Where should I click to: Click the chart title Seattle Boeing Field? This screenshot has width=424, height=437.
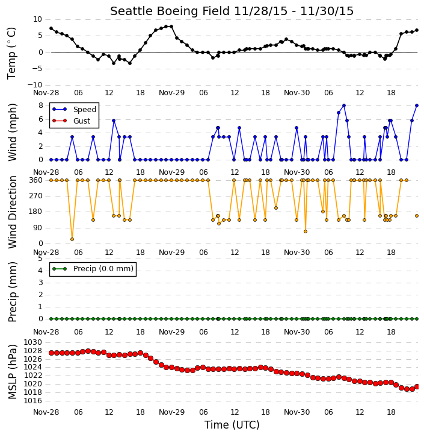click(x=170, y=11)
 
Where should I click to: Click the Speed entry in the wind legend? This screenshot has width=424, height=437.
click(x=85, y=110)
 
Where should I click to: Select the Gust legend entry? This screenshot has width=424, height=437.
click(x=82, y=121)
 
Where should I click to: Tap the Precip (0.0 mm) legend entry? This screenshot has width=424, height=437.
click(x=103, y=269)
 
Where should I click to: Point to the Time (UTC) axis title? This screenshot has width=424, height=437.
click(x=232, y=425)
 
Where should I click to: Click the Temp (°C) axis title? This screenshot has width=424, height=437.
click(x=11, y=53)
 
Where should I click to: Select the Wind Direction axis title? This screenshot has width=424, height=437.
click(x=12, y=212)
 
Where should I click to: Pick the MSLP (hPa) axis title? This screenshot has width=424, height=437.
click(x=12, y=372)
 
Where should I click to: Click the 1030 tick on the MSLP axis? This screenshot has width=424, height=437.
click(x=32, y=342)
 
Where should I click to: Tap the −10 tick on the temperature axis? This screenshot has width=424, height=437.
click(x=35, y=85)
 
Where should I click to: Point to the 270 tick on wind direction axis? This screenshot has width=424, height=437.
click(x=35, y=196)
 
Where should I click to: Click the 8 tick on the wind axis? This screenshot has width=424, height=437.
click(x=41, y=105)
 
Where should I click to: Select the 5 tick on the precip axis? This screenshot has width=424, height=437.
click(x=40, y=259)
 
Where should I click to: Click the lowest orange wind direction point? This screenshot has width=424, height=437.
click(x=72, y=239)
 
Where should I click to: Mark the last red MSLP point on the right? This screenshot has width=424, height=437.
click(x=417, y=386)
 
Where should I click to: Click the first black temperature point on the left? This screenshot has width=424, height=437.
click(x=51, y=28)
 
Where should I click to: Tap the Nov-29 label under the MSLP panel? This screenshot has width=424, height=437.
click(x=171, y=412)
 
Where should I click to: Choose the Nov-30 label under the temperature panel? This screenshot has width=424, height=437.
click(x=296, y=93)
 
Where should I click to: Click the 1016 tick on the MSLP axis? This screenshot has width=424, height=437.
click(x=32, y=401)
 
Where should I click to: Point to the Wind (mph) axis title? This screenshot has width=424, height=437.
click(x=12, y=133)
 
